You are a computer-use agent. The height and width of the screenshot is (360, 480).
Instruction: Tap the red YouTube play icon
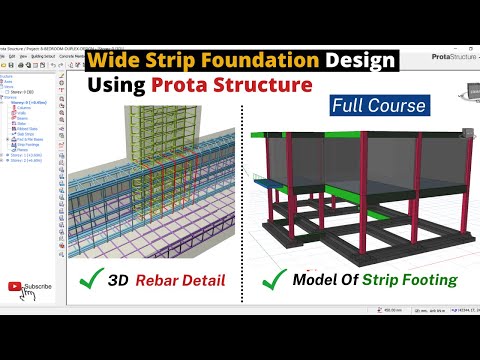pyautogui.click(x=14, y=286)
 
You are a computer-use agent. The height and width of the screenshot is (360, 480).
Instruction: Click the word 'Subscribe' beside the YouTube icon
pyautogui.click(x=38, y=286)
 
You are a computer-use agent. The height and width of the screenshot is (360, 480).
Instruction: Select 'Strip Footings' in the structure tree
pyautogui.click(x=29, y=171)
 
